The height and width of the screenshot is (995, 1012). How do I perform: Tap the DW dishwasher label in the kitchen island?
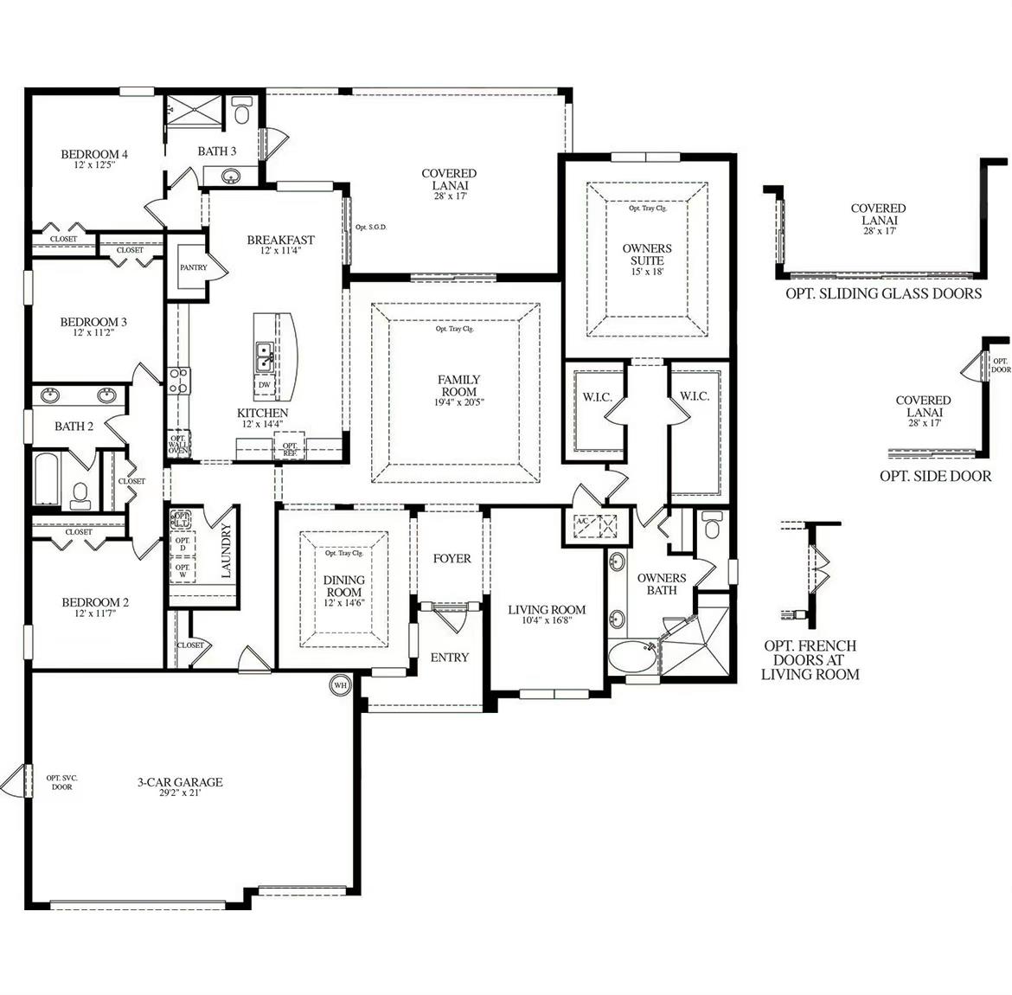click(264, 385)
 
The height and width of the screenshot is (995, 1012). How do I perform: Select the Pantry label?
click(194, 267)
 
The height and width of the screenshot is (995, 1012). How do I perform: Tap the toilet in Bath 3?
click(241, 112)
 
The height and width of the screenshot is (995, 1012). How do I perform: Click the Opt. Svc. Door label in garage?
click(62, 782)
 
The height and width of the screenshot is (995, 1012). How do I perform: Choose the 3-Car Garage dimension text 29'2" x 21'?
click(179, 793)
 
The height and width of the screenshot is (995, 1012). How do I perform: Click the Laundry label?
click(227, 550)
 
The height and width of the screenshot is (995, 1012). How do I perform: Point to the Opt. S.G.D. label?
click(370, 228)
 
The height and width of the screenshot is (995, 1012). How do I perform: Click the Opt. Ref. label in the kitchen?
click(290, 449)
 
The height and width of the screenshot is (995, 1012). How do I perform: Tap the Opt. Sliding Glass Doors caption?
click(883, 293)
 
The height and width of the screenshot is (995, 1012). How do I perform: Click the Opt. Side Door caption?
click(935, 476)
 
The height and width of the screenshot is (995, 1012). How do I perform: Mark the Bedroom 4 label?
click(94, 154)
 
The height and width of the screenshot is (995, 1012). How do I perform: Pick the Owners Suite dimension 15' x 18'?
click(647, 272)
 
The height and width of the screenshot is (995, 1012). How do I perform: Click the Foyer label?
click(452, 558)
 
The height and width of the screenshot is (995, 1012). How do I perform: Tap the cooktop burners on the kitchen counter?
click(179, 381)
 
